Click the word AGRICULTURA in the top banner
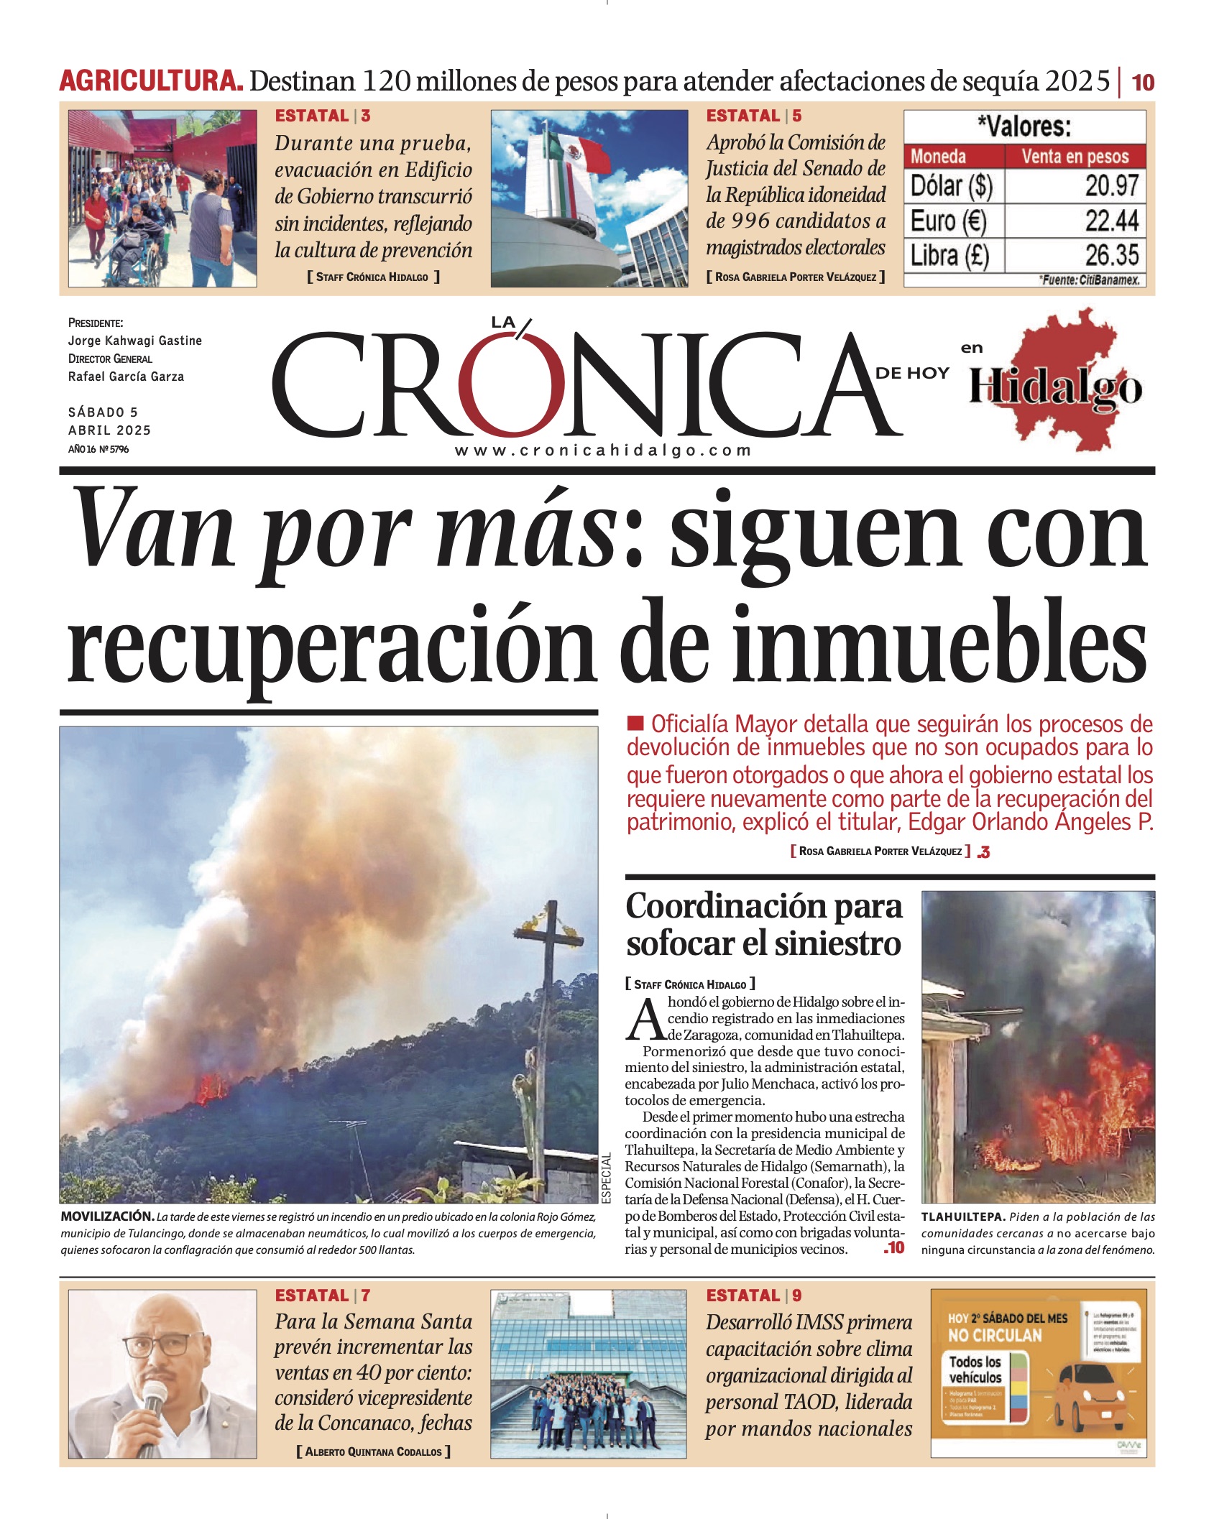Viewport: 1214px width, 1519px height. click(150, 80)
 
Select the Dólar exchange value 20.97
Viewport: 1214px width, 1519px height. click(1111, 186)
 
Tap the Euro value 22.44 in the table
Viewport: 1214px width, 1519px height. click(1111, 221)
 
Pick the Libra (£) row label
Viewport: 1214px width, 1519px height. click(949, 256)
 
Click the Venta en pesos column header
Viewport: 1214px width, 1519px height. click(1075, 156)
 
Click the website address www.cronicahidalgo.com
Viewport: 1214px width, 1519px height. click(602, 451)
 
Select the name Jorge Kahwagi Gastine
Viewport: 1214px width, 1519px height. click(134, 341)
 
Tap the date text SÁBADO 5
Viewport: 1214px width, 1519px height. click(103, 412)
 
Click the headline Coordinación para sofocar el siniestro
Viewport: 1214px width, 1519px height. click(763, 925)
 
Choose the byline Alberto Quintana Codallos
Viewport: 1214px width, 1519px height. click(373, 1451)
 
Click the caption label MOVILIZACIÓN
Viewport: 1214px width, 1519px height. click(107, 1216)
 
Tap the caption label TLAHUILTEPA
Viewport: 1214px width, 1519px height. click(963, 1217)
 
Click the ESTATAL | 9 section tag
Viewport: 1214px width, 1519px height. click(753, 1296)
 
